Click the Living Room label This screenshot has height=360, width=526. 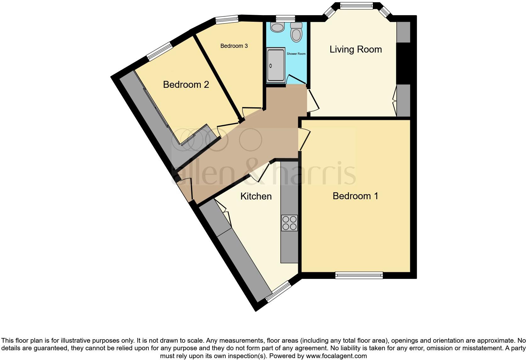[355, 49]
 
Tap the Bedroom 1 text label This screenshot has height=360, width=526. [355, 196]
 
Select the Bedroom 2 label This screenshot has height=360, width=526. [186, 85]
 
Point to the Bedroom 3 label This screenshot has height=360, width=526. [234, 46]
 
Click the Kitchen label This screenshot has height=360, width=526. [256, 196]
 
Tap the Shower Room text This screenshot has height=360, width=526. [296, 54]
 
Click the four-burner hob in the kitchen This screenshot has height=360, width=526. [289, 223]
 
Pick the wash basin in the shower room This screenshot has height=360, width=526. [277, 27]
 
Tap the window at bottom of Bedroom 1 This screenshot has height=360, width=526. [359, 275]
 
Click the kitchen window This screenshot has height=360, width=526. [278, 292]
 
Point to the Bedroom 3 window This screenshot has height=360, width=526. [227, 20]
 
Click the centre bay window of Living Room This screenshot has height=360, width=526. [356, 5]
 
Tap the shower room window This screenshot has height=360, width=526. [286, 18]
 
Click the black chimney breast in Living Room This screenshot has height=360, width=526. [403, 63]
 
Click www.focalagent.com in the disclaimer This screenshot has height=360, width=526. [336, 356]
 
